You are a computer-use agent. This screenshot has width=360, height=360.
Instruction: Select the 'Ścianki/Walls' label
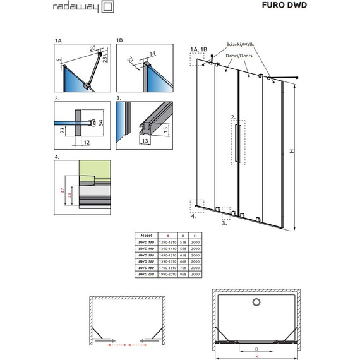243,45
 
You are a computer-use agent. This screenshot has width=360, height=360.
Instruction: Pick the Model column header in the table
146,234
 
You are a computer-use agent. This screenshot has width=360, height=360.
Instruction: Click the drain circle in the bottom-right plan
256,302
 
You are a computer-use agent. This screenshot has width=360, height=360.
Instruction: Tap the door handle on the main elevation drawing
237,145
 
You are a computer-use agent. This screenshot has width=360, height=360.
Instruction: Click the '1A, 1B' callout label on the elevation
198,49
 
